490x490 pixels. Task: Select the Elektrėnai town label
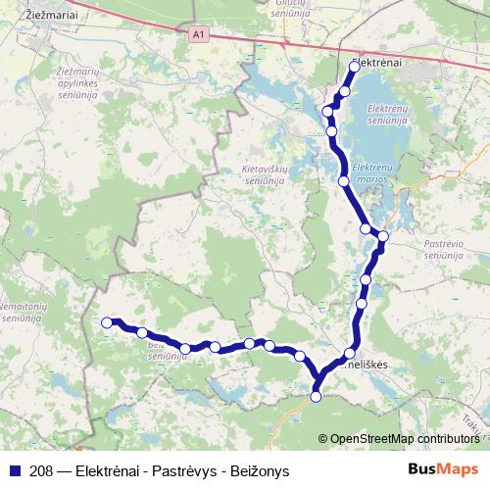point(377,61)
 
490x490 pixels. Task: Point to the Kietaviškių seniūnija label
point(262,174)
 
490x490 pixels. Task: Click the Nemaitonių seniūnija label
point(20,315)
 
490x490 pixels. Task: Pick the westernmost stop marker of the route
point(108,321)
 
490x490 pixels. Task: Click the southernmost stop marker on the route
point(316,396)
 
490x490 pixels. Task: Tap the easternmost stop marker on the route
point(383,236)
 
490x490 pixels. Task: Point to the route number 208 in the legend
point(41,470)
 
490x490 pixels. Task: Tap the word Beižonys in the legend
point(259,470)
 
